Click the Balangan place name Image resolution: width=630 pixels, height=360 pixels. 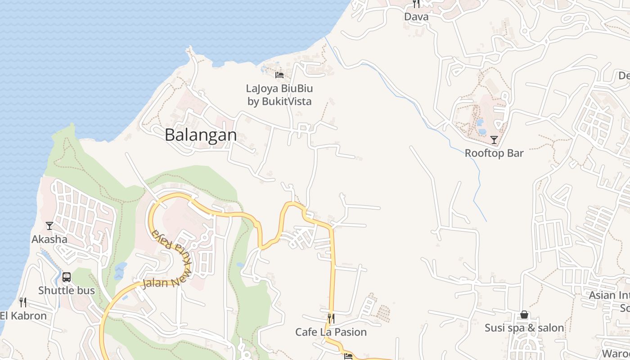tap(201, 135)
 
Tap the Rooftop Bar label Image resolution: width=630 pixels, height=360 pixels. tap(494, 153)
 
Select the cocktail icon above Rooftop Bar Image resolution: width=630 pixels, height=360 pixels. tap(494, 140)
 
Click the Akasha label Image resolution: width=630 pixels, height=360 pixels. tap(49, 239)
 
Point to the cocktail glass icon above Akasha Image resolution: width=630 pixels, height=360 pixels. tap(49, 225)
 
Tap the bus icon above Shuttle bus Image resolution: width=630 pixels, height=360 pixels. tap(67, 277)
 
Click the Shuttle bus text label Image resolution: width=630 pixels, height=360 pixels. tap(67, 290)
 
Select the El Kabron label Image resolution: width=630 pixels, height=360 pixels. tap(23, 315)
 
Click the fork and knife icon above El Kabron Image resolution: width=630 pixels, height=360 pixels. tap(22, 302)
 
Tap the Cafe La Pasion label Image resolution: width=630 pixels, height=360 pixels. tap(331, 332)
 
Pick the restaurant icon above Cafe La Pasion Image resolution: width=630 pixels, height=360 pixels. tap(331, 319)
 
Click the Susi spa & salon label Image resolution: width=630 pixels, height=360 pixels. tap(524, 328)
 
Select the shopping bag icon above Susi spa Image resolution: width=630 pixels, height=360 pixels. tap(524, 315)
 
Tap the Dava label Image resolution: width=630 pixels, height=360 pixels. tap(416, 17)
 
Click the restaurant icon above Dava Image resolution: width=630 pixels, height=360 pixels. tap(416, 4)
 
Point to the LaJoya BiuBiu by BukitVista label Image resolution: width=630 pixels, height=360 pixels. tap(279, 95)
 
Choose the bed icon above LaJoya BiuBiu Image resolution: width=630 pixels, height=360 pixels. tap(279, 75)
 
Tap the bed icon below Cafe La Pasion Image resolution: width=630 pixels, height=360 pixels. tap(348, 356)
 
